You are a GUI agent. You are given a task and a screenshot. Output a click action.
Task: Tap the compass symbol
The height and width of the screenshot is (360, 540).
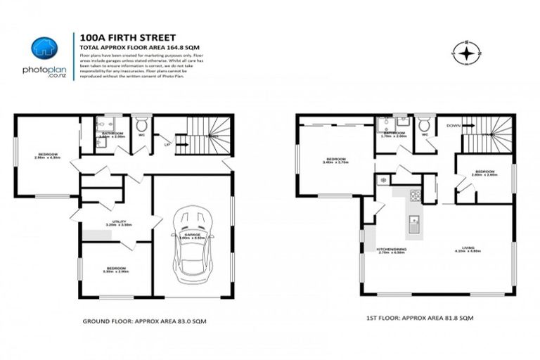pos(465,52)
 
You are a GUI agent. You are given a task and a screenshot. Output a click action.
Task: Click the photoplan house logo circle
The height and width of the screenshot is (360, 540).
pos(44,48)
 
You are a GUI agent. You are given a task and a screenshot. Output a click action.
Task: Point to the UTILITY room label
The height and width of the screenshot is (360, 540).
pos(117,222)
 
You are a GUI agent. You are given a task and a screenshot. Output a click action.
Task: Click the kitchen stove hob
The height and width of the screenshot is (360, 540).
pos(415,195)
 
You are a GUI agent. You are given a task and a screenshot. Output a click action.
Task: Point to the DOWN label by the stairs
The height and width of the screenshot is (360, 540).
pos(453,126)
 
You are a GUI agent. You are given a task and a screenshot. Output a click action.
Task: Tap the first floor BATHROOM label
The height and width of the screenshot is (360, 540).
pos(394,133)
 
